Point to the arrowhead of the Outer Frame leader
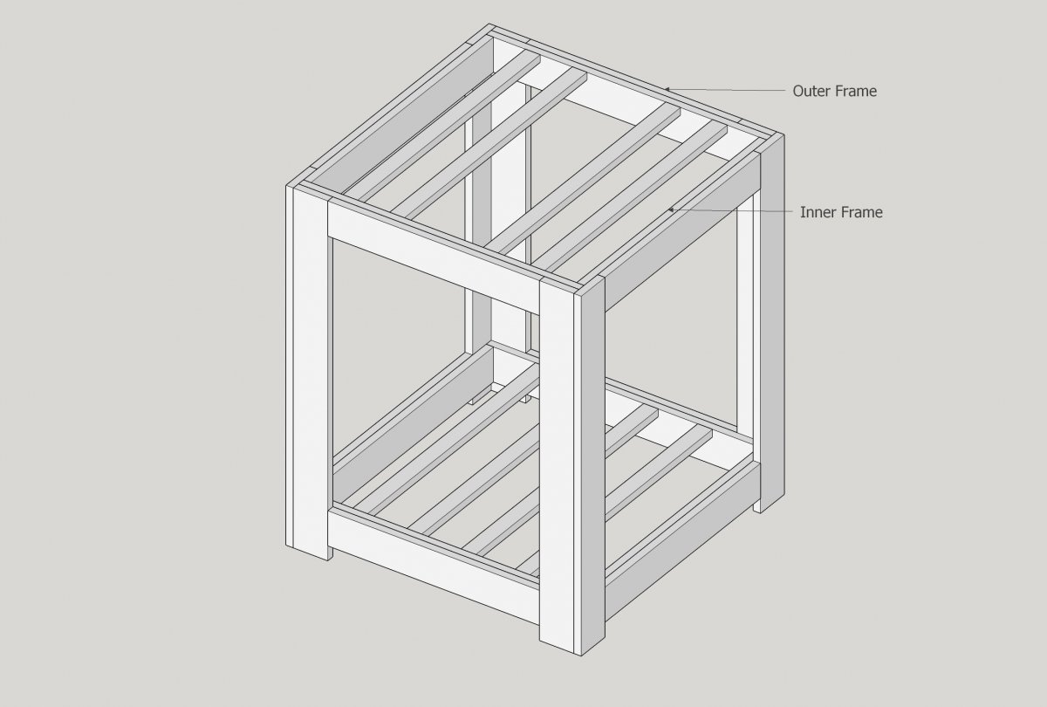point(667,89)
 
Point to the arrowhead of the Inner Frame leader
point(671,210)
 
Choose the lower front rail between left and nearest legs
point(434,566)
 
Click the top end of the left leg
point(310,193)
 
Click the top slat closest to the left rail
point(441,127)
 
